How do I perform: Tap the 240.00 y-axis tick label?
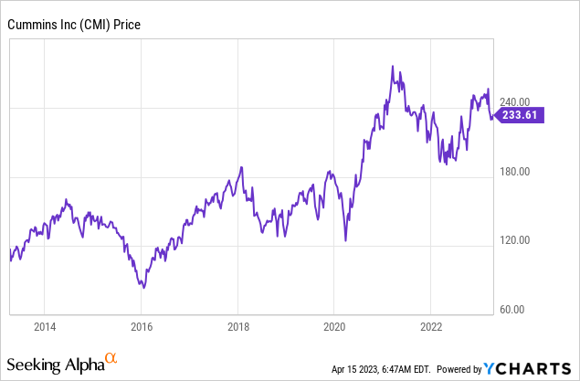tap(514, 102)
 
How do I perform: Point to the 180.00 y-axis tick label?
tap(514, 172)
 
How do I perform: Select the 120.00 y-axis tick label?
tap(514, 240)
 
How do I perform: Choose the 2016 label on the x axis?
tap(141, 326)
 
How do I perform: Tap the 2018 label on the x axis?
tap(237, 326)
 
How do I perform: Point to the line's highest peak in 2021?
tap(392, 67)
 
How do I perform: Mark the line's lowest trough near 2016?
tap(142, 287)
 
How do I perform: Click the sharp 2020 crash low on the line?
tap(345, 241)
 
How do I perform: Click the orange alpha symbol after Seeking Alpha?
tap(111, 359)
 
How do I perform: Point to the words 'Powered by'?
tap(458, 369)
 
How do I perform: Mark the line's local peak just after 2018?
tap(241, 167)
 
